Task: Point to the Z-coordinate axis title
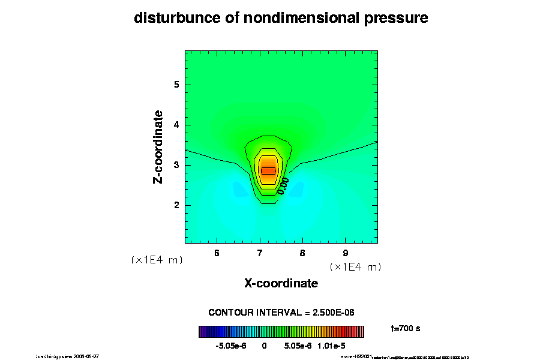(x=158, y=146)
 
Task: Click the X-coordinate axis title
(x=281, y=283)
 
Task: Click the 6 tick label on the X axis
(x=217, y=253)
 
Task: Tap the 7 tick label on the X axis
(x=260, y=253)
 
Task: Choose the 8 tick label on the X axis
(x=302, y=253)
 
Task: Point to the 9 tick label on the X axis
(x=346, y=253)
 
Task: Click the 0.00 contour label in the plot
(x=283, y=185)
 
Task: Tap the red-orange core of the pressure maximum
(x=268, y=170)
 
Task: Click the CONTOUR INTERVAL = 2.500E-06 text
(x=281, y=313)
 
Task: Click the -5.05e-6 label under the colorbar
(x=230, y=346)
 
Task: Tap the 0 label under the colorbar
(x=264, y=346)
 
